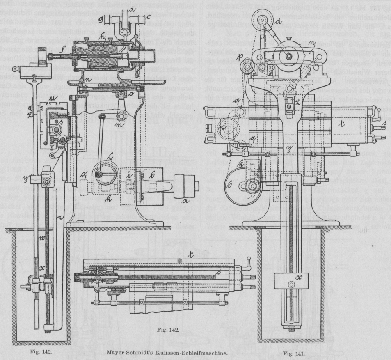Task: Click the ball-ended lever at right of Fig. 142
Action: [249, 263]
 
